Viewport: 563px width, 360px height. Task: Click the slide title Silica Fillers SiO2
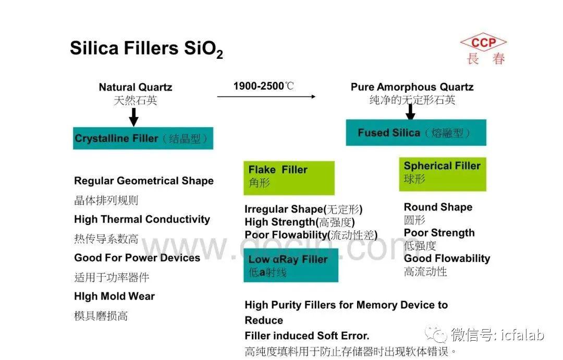tap(146, 49)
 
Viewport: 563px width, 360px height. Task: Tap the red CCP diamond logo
tap(483, 42)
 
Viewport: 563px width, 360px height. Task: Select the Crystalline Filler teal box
tap(143, 138)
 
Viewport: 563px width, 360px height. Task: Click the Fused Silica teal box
tap(416, 132)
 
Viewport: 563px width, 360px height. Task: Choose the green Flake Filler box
tap(289, 178)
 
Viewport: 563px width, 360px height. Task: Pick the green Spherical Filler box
tap(443, 174)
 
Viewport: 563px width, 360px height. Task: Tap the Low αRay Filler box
tap(291, 265)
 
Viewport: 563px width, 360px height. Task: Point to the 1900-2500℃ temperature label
tap(264, 86)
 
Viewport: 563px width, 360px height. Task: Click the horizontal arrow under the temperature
tap(266, 96)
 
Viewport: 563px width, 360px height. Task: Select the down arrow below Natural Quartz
tap(133, 117)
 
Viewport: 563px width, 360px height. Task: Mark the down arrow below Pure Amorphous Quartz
tap(410, 112)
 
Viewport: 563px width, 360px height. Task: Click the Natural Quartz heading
tap(136, 87)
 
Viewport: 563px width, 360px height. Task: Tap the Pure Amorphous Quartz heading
tap(412, 87)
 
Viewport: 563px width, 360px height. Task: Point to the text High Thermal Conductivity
tap(142, 219)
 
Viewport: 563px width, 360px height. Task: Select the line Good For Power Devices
tap(137, 258)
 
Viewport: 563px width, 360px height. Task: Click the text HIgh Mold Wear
tap(115, 296)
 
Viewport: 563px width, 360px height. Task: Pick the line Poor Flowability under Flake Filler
tap(311, 235)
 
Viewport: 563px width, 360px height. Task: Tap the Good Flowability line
tap(447, 258)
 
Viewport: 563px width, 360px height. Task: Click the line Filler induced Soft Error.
tap(307, 336)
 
